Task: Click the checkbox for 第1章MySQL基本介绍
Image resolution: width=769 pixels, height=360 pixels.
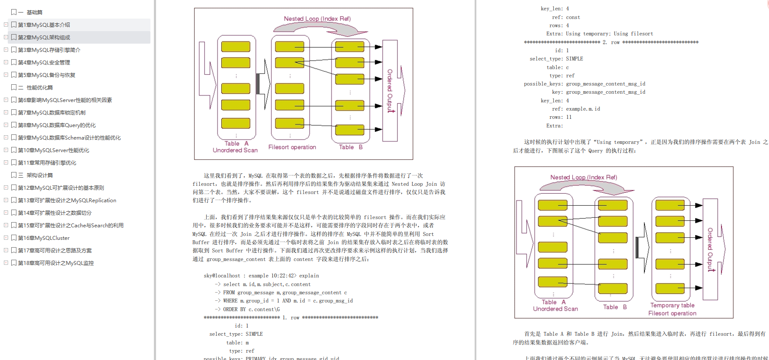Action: (14, 25)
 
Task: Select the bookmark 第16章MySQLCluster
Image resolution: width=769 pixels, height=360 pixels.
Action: (44, 238)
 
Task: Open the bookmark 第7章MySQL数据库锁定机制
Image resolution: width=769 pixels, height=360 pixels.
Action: (51, 113)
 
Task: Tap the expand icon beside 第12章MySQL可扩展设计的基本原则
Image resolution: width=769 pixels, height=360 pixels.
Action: (6, 188)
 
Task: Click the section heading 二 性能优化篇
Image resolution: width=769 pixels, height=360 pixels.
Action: (39, 88)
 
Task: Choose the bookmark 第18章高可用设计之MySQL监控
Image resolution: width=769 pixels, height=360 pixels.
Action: (55, 263)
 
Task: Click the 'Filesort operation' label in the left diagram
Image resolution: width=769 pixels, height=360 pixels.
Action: (292, 147)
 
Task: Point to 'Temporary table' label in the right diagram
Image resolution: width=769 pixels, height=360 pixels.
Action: (672, 306)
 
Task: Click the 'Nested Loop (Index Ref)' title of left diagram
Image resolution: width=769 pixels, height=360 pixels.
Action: (317, 19)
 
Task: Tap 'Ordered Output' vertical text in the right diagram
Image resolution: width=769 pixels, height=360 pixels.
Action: (710, 250)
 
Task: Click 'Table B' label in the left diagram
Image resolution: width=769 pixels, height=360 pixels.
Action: (351, 147)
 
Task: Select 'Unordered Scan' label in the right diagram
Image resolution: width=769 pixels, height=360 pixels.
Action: (555, 309)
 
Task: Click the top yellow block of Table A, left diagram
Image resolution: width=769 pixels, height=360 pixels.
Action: (236, 47)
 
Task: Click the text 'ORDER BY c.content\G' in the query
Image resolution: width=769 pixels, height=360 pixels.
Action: (251, 309)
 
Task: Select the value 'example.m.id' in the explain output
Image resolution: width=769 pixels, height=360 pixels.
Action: (583, 109)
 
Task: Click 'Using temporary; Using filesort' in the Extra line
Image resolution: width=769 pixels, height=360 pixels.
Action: (609, 34)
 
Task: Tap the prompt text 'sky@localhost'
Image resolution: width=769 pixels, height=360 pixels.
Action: (222, 276)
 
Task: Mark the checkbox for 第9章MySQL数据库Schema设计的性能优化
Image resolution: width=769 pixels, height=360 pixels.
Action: (14, 137)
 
